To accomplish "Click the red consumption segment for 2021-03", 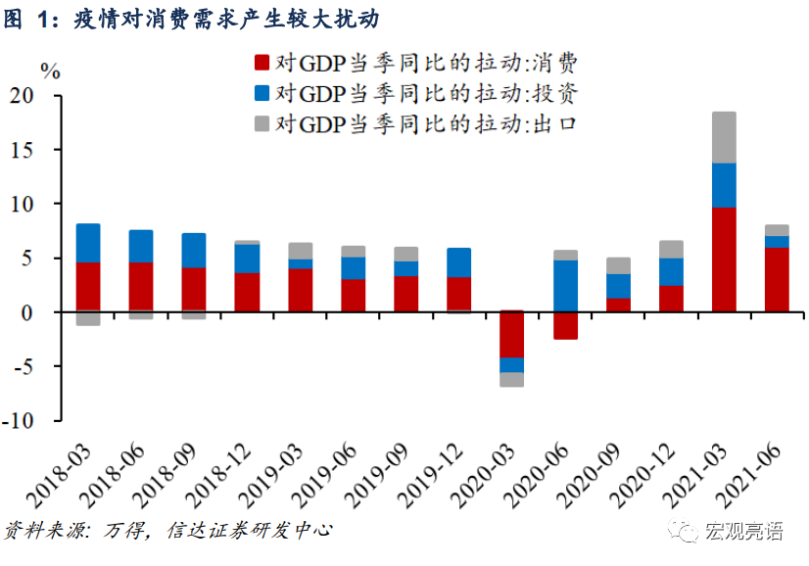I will click(724, 259).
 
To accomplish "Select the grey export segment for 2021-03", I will click(724, 137).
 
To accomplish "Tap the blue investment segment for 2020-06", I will click(565, 286).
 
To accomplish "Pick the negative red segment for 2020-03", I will click(512, 334).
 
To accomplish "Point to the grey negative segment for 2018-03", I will click(88, 318).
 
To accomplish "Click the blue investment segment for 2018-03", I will click(88, 243).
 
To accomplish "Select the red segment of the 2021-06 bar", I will click(777, 279).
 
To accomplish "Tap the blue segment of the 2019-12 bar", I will click(459, 262).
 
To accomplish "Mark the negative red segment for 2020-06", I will click(565, 326).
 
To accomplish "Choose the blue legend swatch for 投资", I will click(262, 94).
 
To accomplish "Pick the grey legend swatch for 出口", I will click(262, 123).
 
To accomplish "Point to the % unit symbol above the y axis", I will click(49, 71).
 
